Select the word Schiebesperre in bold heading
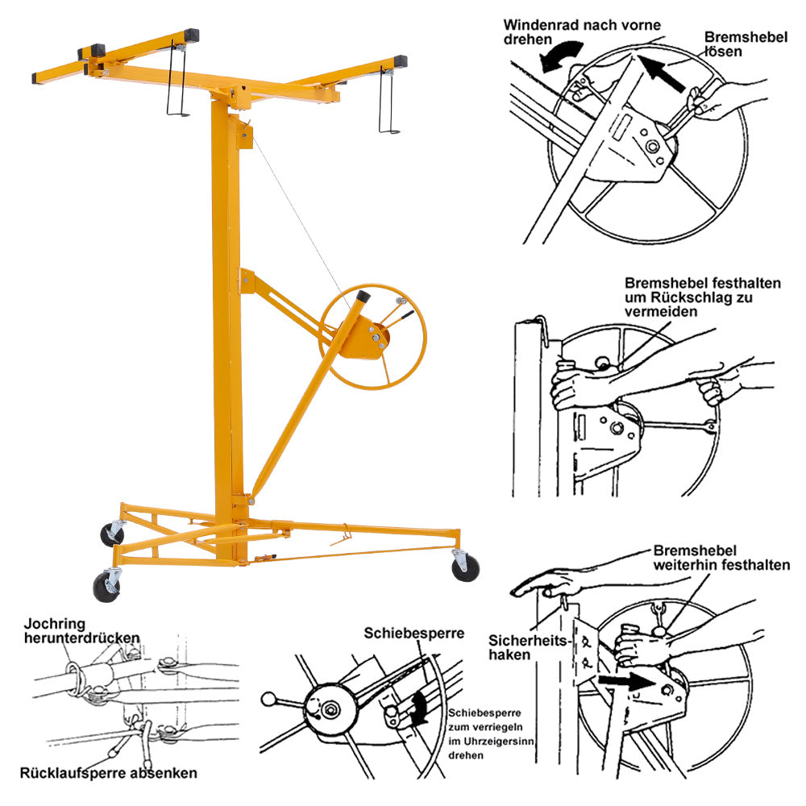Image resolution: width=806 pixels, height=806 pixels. [413, 634]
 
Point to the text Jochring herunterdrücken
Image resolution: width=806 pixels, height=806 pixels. [81, 630]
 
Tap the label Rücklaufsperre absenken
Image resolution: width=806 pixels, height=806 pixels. [110, 773]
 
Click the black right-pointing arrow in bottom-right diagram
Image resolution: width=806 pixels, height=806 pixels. [626, 682]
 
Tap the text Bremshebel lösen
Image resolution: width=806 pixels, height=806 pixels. [734, 44]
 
